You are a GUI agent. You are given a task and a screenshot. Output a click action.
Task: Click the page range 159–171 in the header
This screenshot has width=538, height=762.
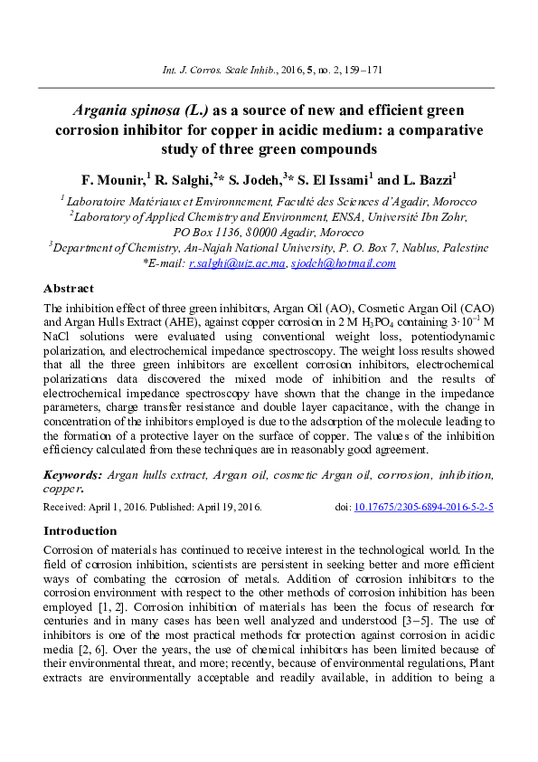tap(362, 68)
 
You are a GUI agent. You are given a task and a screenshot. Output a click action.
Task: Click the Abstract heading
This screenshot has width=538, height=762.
tap(69, 289)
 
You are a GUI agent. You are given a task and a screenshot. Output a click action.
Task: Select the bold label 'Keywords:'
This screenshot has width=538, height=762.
tap(72, 474)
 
